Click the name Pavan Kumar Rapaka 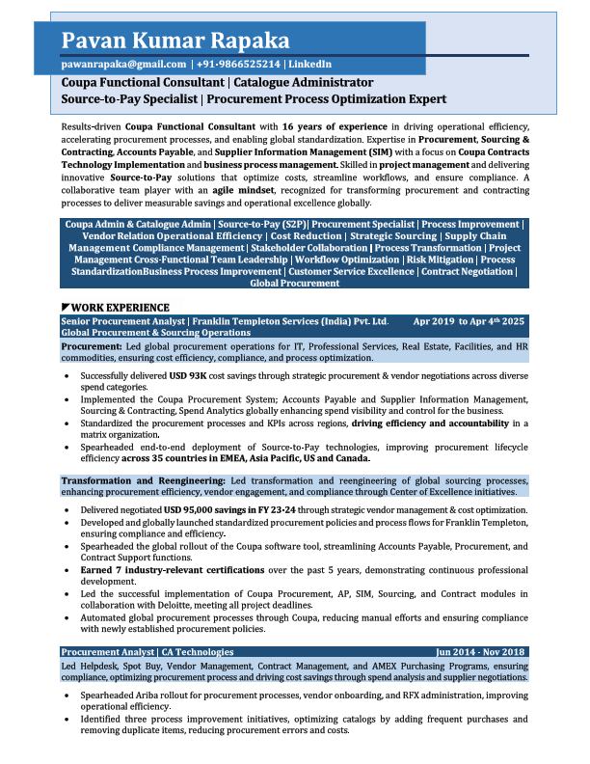point(174,41)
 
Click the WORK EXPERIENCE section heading point(120,307)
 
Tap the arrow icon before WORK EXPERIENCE point(65,307)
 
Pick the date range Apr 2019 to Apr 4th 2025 point(468,320)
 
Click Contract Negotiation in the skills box point(467,272)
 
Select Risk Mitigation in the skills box point(440,259)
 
